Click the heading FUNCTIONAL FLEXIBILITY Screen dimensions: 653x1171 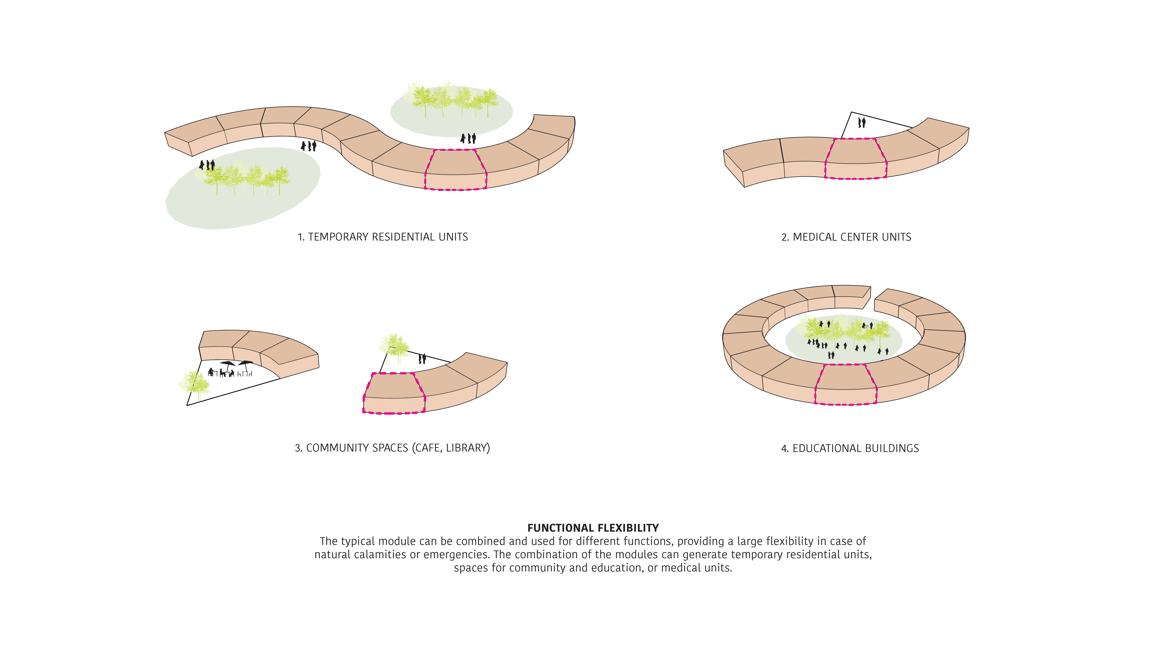coord(593,528)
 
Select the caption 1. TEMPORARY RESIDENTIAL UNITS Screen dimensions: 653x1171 coord(383,237)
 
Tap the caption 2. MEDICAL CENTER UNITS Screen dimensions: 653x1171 coord(846,237)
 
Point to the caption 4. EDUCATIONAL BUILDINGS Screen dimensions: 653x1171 coord(850,448)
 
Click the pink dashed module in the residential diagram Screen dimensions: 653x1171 coord(456,169)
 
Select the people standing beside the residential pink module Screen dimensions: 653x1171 coord(468,138)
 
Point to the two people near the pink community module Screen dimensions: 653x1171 coord(422,358)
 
